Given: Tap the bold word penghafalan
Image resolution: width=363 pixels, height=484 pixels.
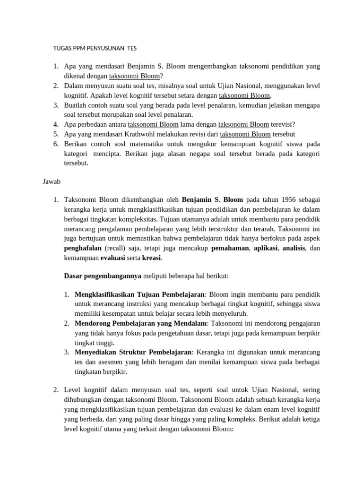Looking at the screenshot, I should (x=83, y=248).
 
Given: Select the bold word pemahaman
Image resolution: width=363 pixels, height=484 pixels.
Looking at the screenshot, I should (x=230, y=248).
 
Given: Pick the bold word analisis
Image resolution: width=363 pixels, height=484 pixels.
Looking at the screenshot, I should (x=294, y=248).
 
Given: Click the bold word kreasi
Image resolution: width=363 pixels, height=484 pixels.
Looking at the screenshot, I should (x=152, y=258).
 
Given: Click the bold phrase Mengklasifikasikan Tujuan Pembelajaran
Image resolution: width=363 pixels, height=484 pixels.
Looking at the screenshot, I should (x=139, y=294).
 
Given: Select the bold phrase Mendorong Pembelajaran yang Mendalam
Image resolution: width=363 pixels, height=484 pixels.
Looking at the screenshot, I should (x=141, y=323).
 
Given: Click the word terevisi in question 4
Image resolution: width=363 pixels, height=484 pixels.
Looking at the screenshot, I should (x=282, y=124).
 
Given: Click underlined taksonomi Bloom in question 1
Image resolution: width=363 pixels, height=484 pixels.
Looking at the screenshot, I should (x=134, y=76).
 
